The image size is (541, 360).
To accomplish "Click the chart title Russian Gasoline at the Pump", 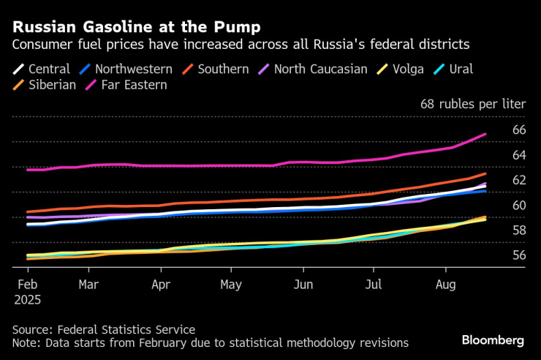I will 135,28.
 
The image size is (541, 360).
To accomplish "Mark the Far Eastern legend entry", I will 136,85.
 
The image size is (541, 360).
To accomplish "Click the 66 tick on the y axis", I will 519,130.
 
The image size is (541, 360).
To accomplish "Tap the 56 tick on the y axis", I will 519,255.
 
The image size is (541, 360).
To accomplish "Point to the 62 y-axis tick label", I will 519,180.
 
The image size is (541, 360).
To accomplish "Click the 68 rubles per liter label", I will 473,104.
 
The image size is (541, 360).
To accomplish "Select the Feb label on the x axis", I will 27,285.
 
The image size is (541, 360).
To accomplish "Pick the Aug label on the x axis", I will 447,285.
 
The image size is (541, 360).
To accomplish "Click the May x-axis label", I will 231,285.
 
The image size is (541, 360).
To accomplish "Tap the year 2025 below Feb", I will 28,300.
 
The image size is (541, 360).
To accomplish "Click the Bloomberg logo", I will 493,340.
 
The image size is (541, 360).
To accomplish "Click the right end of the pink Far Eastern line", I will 486,134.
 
